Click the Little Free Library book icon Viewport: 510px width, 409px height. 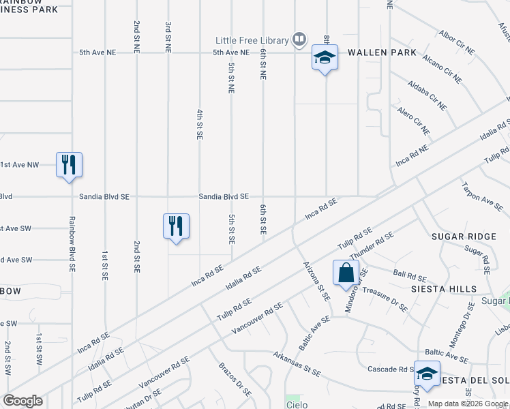coord(299,40)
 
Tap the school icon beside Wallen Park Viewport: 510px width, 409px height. coord(325,58)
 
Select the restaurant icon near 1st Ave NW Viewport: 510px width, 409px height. coord(69,165)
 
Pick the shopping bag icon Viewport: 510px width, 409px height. coord(346,273)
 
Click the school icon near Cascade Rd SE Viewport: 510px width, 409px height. coord(427,374)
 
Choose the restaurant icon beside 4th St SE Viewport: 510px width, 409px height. coord(176,226)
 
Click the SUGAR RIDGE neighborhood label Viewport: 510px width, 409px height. coord(464,236)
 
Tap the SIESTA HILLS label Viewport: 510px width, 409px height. coord(443,289)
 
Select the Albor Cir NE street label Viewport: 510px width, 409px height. coord(456,42)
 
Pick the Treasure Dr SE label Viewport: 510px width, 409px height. coord(385,299)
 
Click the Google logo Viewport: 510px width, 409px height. coord(22,401)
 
